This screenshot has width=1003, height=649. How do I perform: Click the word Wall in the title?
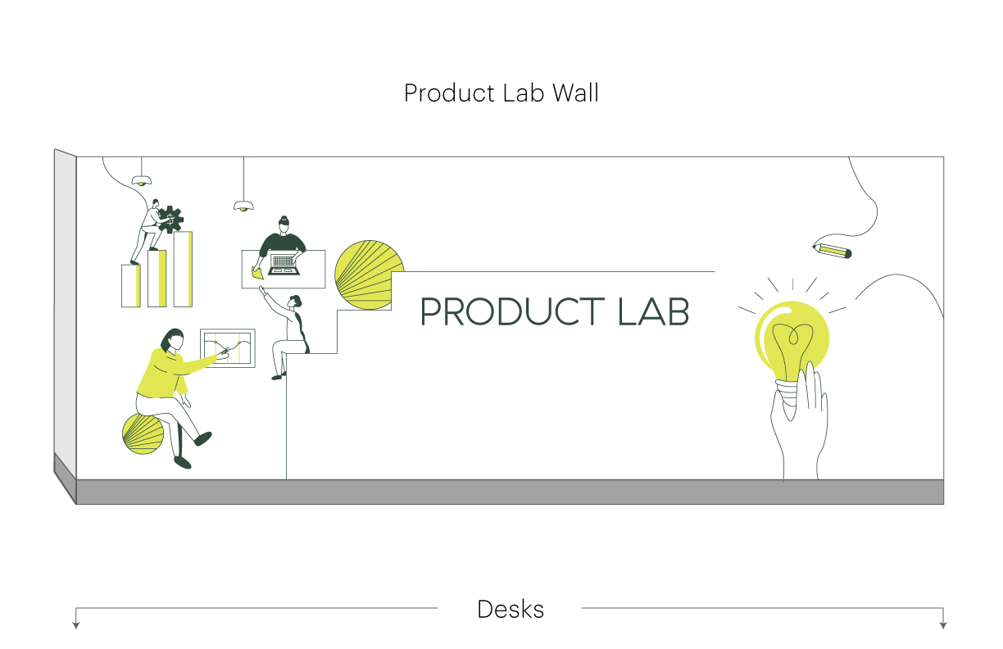(x=575, y=93)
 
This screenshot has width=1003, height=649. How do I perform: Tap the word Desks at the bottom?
(x=511, y=610)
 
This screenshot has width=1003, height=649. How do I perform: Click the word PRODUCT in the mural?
(x=513, y=311)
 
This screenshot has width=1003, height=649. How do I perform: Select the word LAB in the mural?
(x=653, y=311)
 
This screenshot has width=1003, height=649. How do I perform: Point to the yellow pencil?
(x=833, y=252)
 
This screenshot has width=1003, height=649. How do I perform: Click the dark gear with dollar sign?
(x=170, y=220)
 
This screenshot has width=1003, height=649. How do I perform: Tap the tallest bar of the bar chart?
(x=183, y=269)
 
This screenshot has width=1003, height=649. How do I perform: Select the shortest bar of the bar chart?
(x=131, y=286)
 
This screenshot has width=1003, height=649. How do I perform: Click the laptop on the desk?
(x=284, y=265)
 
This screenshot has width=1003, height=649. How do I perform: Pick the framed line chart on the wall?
(x=228, y=348)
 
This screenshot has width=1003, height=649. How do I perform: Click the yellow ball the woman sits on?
(x=143, y=434)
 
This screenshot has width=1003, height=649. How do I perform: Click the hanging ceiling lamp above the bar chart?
(x=142, y=180)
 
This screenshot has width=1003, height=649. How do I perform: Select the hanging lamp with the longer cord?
(x=243, y=206)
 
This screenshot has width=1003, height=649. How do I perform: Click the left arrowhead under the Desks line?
(x=76, y=625)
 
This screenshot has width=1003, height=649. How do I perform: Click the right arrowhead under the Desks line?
(x=943, y=625)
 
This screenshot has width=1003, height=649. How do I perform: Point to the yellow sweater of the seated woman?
(x=166, y=373)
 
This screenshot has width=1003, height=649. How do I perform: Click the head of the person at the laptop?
(x=284, y=225)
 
